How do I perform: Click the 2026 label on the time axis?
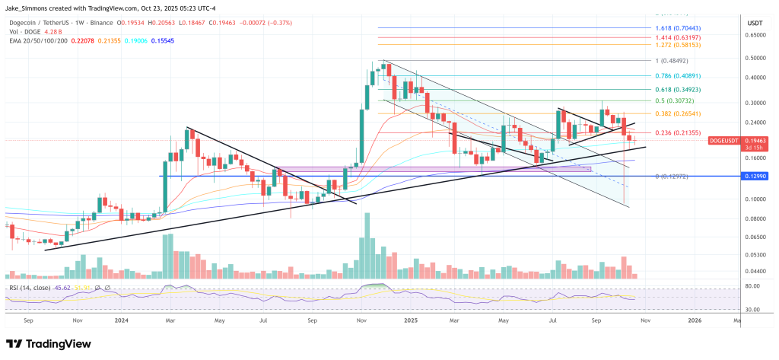[x=694, y=320]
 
